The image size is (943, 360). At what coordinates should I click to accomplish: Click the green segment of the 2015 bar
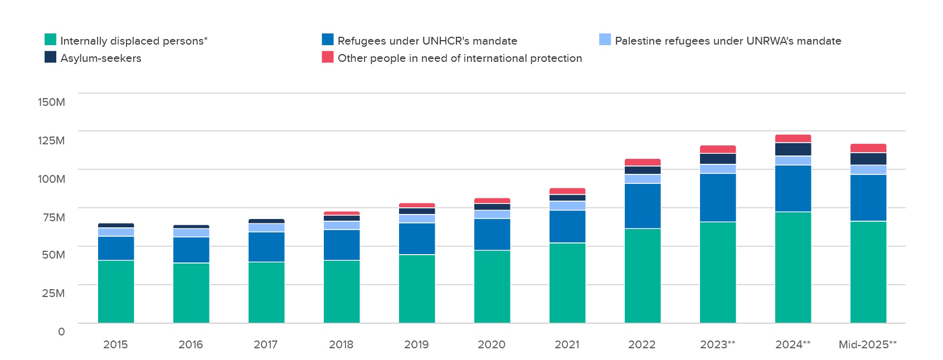coord(116,291)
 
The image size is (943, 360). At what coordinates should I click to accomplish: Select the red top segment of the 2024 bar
coord(793,139)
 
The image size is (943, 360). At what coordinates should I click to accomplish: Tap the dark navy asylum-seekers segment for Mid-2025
coord(868,159)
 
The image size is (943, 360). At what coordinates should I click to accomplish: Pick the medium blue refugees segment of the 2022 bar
coord(643,206)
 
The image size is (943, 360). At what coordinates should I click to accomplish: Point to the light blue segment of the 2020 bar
coord(492,215)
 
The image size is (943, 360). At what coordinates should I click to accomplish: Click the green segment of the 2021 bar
coord(567,283)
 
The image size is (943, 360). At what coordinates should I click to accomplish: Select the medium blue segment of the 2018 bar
coord(342,245)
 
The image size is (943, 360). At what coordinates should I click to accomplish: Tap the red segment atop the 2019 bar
coord(417,206)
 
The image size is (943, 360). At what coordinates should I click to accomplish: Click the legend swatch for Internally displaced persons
coord(50,40)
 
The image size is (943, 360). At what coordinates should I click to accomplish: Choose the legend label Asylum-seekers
coord(101,59)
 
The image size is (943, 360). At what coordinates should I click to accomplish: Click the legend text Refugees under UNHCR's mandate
coord(427,41)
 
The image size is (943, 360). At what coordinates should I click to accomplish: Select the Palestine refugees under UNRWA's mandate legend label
coord(728,41)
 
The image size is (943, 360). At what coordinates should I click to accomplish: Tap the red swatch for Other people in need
coord(328,57)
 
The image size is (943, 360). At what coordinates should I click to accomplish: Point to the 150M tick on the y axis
coord(51,102)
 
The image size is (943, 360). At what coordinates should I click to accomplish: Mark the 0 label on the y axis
coord(61,332)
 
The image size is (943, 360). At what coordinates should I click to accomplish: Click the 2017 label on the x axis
coord(266,344)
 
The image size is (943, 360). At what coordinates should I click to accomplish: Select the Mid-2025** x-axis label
coord(868,344)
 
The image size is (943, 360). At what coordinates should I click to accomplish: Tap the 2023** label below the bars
coord(718,344)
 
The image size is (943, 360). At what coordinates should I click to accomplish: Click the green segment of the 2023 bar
coord(718,272)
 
